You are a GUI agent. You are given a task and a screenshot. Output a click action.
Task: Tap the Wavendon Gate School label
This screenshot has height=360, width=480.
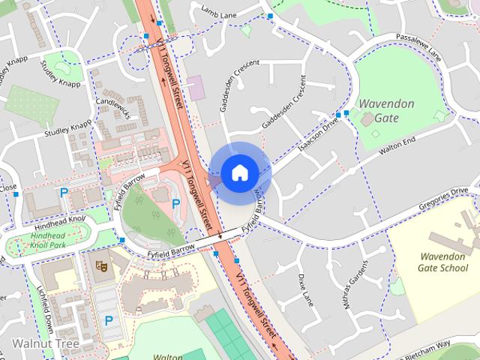tap(443, 262)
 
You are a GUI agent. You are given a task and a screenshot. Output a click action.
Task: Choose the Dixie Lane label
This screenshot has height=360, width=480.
tap(304, 289)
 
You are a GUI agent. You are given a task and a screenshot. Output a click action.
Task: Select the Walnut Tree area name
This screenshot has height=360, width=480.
tap(46, 343)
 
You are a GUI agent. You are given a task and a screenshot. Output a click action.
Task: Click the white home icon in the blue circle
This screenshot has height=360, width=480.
tap(239, 172)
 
